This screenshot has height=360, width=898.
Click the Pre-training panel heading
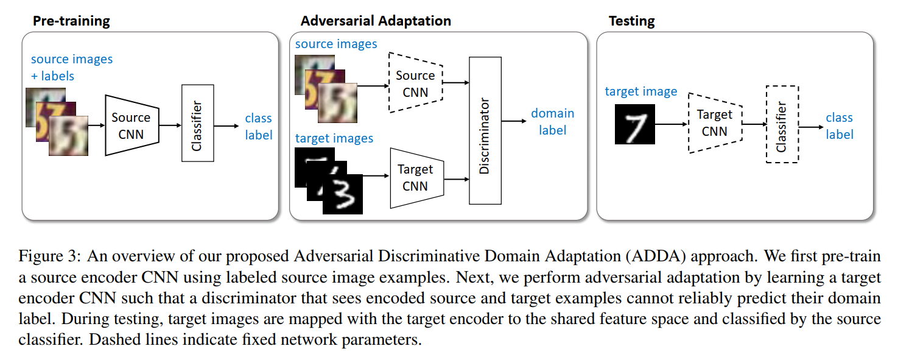coord(71,21)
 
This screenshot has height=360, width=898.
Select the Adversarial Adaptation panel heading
coord(376,21)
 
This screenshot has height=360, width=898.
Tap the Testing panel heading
coord(631,21)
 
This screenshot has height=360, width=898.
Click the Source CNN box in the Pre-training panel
coord(132,125)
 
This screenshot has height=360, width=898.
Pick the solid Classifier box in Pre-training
coord(198,123)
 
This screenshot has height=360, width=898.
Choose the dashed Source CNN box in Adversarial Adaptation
coord(415,83)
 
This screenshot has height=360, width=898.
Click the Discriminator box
coord(485,130)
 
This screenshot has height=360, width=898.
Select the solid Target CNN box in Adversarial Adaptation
coord(416,177)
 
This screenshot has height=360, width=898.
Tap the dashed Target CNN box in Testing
coord(715,122)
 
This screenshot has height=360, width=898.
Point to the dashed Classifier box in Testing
coord(782,124)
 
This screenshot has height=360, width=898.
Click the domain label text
coord(552,122)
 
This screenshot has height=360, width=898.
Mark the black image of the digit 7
coord(634,124)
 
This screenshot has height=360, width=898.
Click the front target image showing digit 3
coord(343,193)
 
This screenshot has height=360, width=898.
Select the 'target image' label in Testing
coord(640,92)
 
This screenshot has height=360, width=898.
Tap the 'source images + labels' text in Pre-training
coord(72,68)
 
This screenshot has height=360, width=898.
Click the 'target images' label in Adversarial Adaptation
coord(334,138)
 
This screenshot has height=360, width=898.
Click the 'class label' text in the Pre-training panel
coord(258,127)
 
